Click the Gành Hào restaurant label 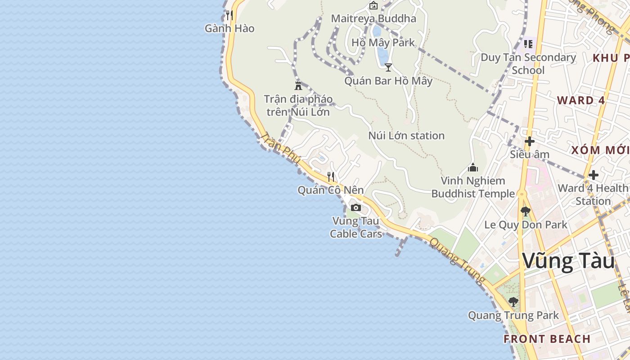click(229, 28)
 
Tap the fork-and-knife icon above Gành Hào click(229, 15)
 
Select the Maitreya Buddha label click(373, 18)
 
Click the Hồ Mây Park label click(383, 43)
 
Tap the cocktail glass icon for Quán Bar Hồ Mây click(388, 67)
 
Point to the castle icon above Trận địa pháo click(298, 85)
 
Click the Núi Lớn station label click(406, 135)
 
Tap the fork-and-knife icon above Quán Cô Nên click(331, 176)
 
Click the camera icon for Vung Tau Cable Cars click(356, 207)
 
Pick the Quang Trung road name click(457, 261)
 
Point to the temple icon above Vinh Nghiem click(473, 167)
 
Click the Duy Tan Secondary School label click(528, 63)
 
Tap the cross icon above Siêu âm click(530, 141)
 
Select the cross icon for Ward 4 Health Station click(594, 175)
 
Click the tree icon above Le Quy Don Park click(525, 211)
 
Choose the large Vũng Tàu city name click(569, 261)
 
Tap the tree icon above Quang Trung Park click(513, 301)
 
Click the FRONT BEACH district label click(547, 339)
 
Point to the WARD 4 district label click(581, 100)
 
